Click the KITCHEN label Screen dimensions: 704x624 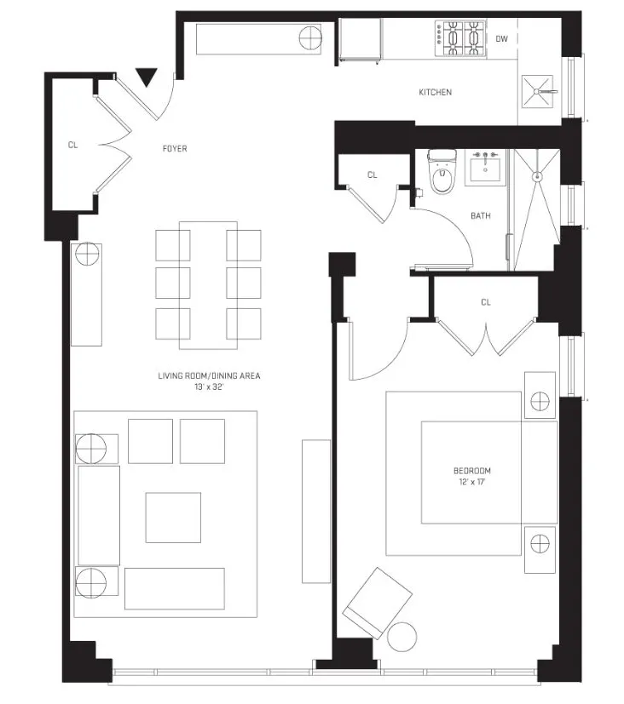[x=435, y=92]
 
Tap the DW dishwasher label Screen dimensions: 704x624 [x=502, y=38]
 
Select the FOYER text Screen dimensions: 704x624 [x=175, y=149]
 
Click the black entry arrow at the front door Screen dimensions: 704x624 [x=147, y=77]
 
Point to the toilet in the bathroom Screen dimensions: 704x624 [x=440, y=175]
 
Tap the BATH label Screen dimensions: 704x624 [x=481, y=215]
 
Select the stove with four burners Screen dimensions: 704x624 [x=460, y=38]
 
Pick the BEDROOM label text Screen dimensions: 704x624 [x=471, y=471]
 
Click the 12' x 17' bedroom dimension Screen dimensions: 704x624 [x=471, y=483]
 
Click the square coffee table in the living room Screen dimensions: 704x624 [x=172, y=518]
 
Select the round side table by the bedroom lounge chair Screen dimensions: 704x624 [x=402, y=635]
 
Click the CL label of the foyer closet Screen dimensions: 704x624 [x=73, y=145]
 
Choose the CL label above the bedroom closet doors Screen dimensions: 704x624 [x=486, y=302]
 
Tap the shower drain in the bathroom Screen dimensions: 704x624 [x=537, y=177]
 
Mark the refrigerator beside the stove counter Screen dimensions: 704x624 [x=360, y=40]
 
